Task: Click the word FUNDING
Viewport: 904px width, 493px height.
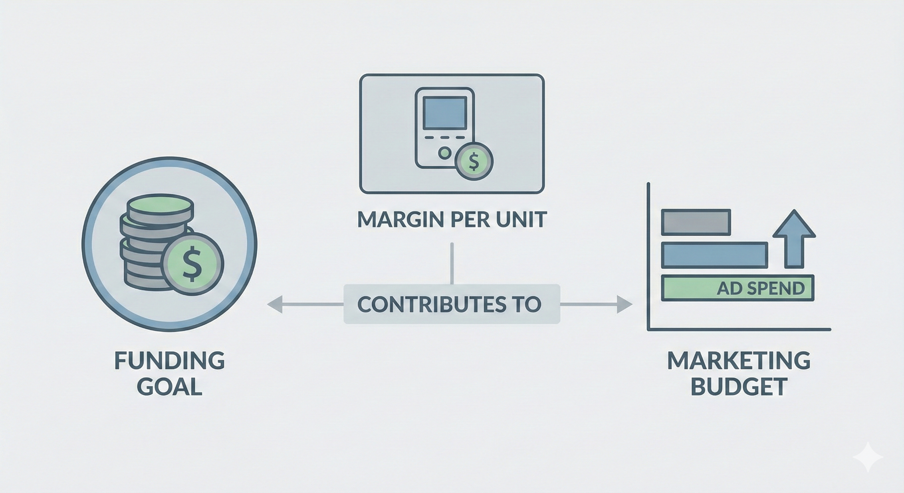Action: point(169,361)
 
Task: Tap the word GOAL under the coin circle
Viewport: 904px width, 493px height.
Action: point(169,387)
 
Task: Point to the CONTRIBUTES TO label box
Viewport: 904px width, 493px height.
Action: point(452,304)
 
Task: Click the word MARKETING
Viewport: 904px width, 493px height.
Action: point(738,361)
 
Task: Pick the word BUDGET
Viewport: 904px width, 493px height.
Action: point(738,387)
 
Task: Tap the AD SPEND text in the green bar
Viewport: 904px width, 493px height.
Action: point(760,288)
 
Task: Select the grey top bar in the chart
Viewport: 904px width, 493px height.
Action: point(695,222)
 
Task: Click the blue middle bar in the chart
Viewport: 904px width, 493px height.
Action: point(714,255)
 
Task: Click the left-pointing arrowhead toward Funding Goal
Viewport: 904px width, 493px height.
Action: point(275,304)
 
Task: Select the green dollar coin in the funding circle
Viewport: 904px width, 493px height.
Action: point(192,264)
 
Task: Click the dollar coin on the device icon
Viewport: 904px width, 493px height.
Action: point(474,162)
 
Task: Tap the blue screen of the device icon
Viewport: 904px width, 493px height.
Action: point(444,113)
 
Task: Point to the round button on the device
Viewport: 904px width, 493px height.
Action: point(444,153)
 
